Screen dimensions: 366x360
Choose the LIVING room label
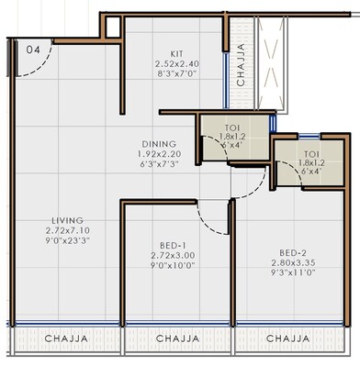(x=68, y=221)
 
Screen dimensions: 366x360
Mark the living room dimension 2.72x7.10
(x=68, y=231)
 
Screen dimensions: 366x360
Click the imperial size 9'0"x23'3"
(x=68, y=241)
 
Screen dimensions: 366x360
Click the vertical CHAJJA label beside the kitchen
(x=241, y=65)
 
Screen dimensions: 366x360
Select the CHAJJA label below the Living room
(x=66, y=339)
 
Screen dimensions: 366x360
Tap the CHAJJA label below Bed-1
(x=177, y=339)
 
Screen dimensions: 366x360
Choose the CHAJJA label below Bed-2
(x=287, y=339)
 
